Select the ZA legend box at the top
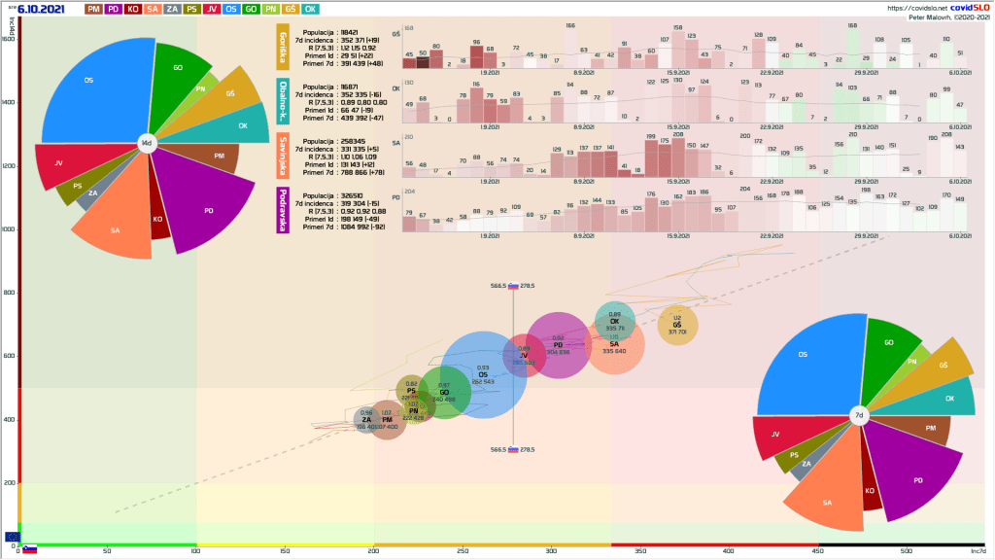[172, 9]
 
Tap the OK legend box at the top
[310, 9]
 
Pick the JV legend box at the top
[212, 9]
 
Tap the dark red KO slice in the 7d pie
[870, 486]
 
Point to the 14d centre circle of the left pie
[147, 143]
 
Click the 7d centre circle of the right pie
[859, 415]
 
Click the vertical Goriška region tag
[283, 46]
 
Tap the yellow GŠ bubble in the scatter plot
[677, 325]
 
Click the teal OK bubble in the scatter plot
[614, 322]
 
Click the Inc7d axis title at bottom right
[978, 552]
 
